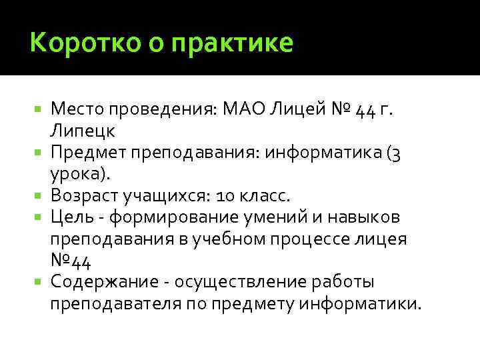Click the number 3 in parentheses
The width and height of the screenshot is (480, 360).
pyautogui.click(x=395, y=153)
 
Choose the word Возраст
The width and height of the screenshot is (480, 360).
pyautogui.click(x=86, y=196)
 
